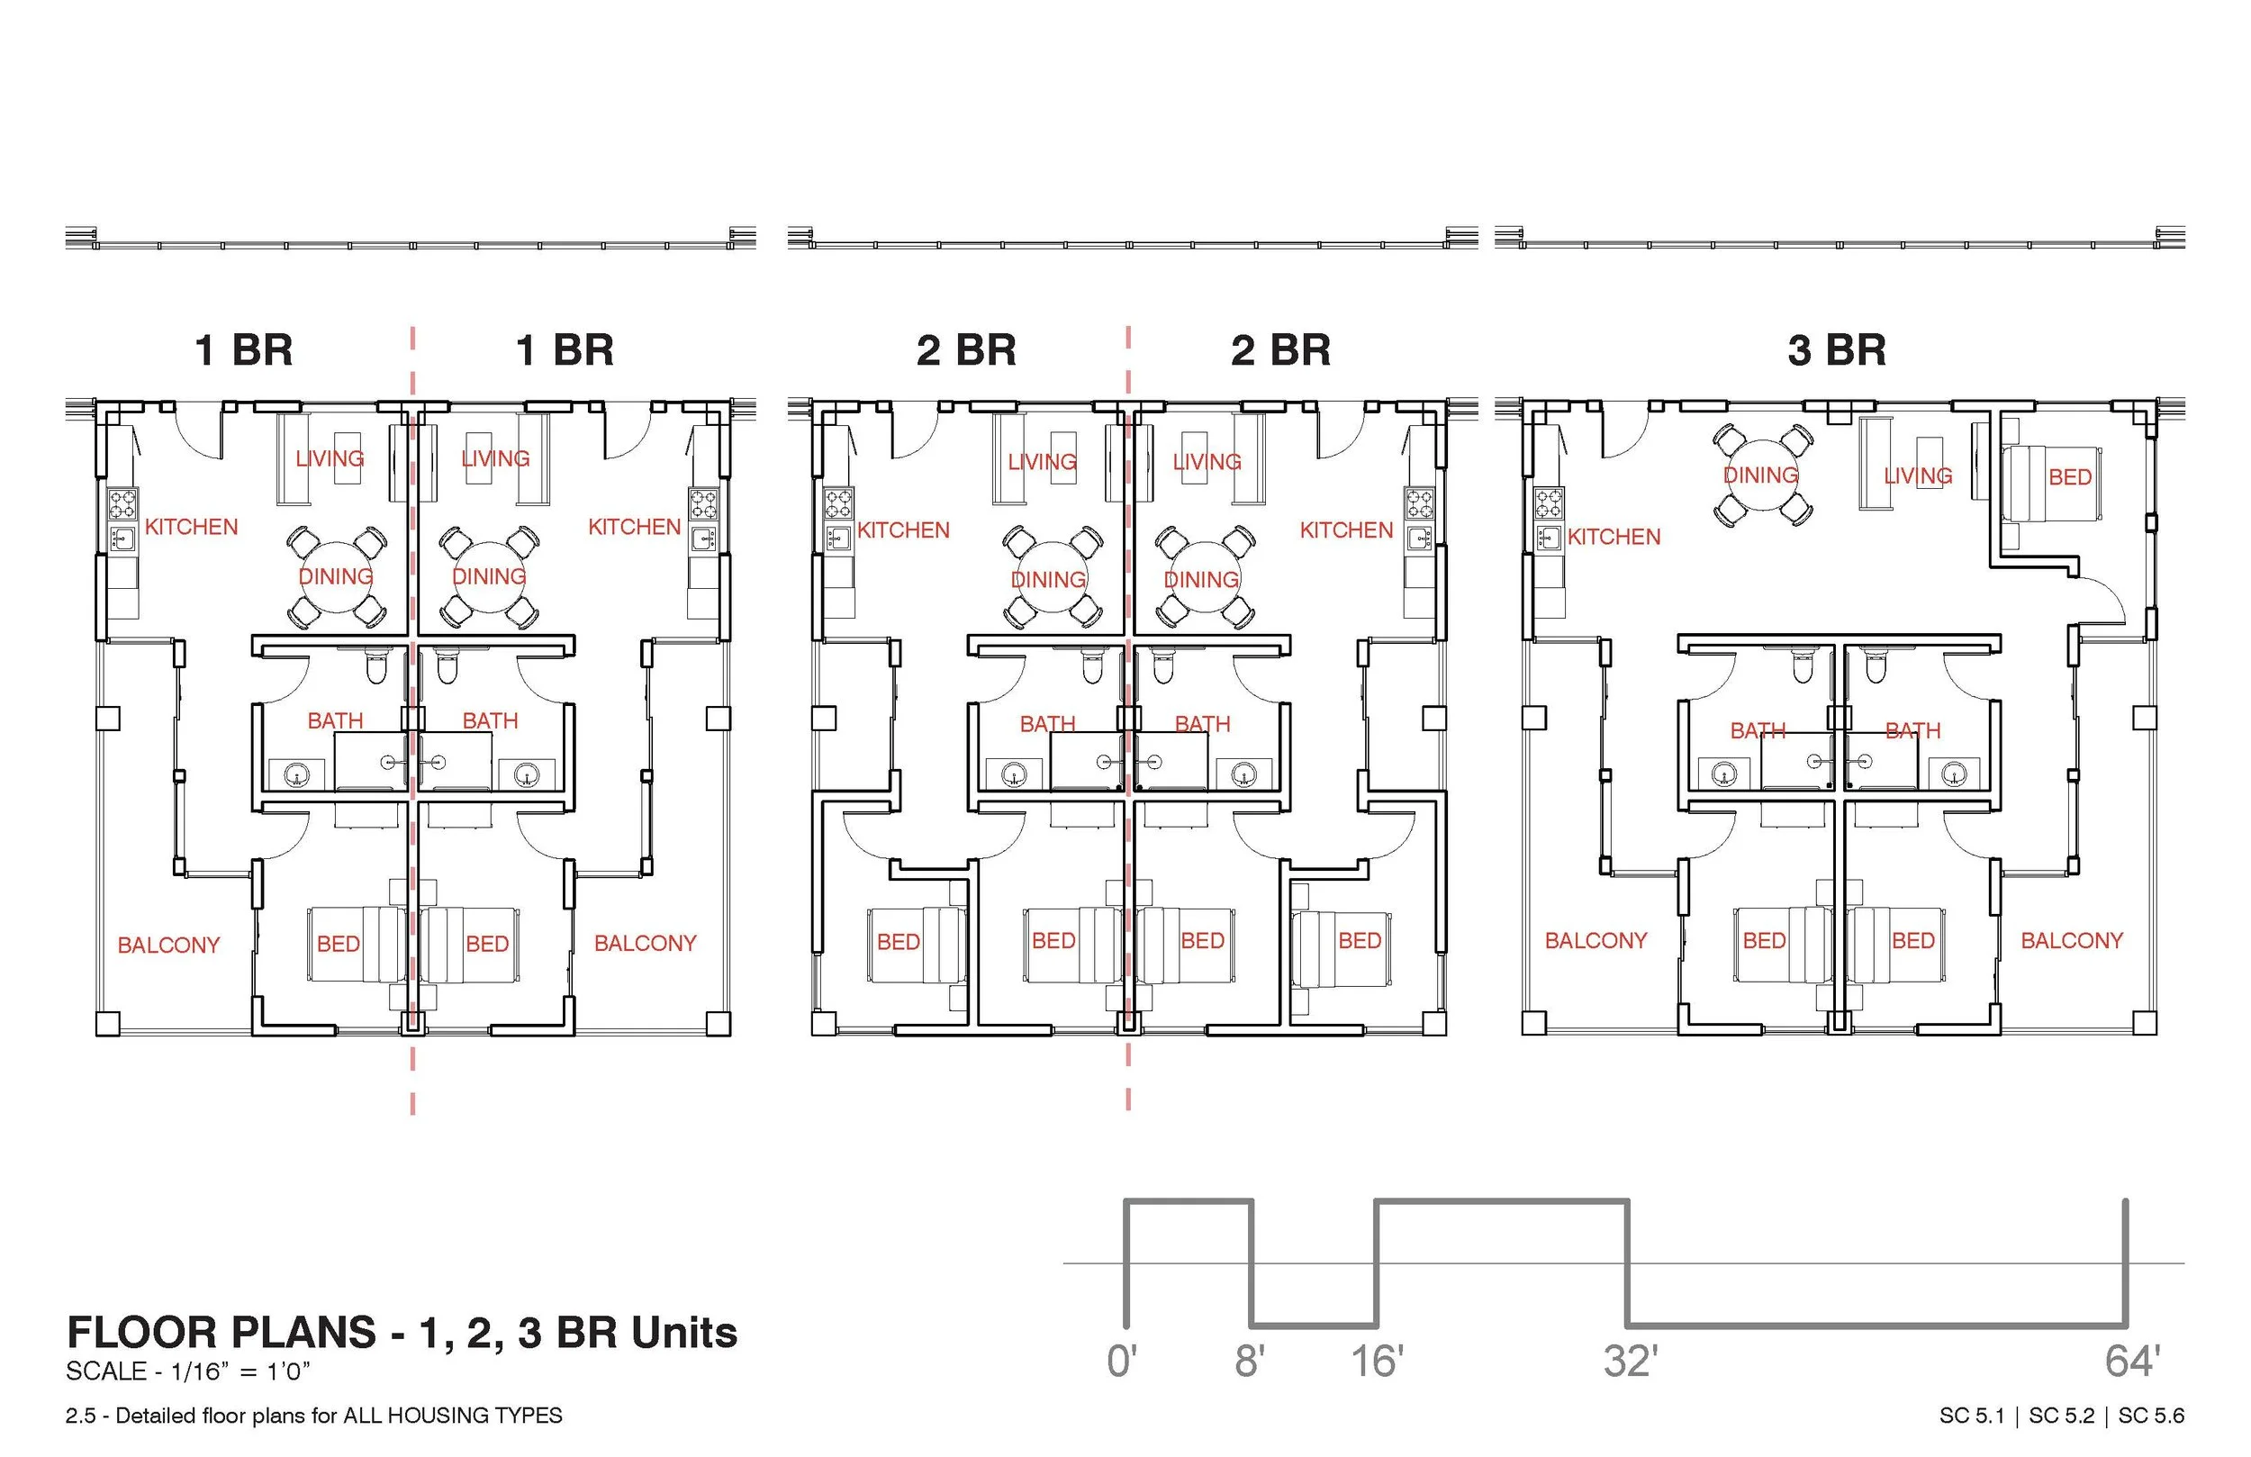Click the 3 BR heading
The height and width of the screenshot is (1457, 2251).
1836,350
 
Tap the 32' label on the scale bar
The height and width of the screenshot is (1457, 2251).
1630,1362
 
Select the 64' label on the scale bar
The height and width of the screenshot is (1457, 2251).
2132,1362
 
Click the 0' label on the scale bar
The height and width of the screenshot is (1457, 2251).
1122,1362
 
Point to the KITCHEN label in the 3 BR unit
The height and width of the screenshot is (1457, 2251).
1614,537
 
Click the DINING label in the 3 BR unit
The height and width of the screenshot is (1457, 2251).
1760,475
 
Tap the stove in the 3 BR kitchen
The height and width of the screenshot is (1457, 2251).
1549,502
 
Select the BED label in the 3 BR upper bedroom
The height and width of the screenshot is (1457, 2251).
2069,477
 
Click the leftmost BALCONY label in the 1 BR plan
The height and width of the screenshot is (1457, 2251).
168,945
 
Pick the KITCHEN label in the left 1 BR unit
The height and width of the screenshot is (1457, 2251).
191,527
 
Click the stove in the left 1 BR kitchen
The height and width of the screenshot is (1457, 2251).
122,503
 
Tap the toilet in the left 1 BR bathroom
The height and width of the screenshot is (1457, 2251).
376,668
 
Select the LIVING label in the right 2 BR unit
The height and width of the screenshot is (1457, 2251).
1207,462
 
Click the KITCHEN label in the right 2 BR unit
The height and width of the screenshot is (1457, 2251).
1346,529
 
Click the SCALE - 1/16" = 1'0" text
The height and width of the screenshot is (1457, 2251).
187,1371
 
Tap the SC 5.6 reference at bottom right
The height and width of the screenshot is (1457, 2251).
2151,1416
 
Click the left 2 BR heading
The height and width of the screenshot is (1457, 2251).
965,350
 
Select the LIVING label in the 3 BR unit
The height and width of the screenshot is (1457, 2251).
1917,475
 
